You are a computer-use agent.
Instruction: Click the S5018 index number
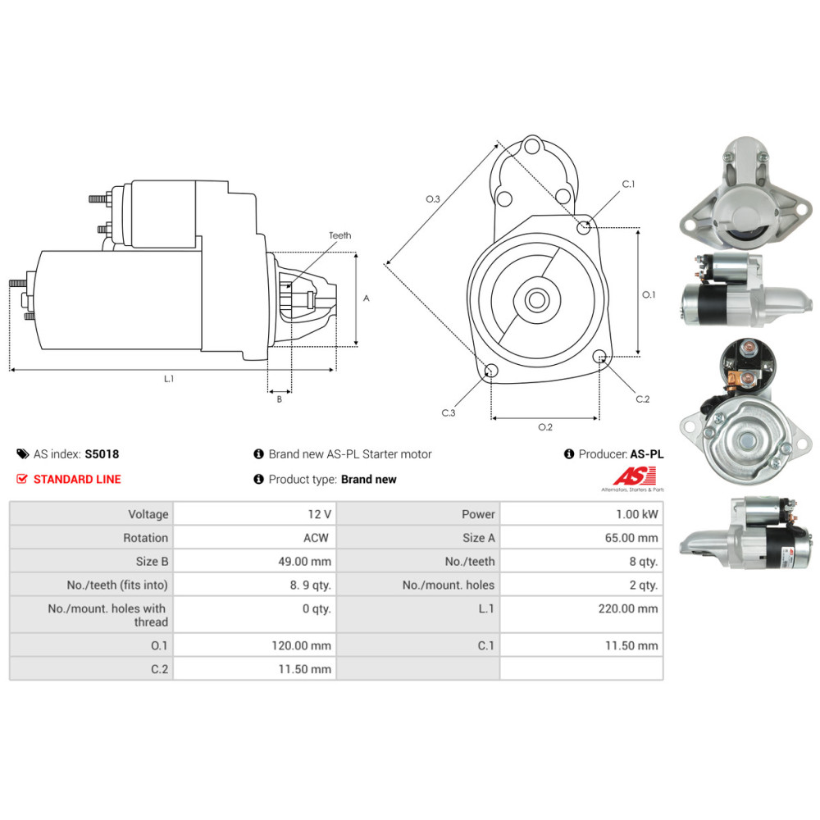(x=102, y=454)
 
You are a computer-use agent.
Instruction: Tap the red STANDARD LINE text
(x=77, y=479)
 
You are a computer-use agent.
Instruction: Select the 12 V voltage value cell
(x=320, y=514)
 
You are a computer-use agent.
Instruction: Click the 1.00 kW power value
(x=637, y=514)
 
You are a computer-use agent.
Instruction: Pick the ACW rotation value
(x=317, y=538)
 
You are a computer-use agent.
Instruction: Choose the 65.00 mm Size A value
(x=631, y=538)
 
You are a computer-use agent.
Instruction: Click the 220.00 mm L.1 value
(x=628, y=608)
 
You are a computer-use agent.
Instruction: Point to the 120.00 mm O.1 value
(x=301, y=645)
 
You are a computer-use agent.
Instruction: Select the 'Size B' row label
(x=153, y=561)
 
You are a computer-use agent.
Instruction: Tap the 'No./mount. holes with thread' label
(x=107, y=615)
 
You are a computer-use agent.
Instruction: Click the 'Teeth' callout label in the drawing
(x=340, y=235)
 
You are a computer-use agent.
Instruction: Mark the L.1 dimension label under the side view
(x=168, y=379)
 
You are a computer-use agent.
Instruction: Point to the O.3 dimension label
(x=433, y=198)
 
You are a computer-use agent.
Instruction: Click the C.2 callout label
(x=643, y=399)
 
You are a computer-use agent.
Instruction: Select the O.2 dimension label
(x=545, y=426)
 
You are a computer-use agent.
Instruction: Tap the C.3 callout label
(x=449, y=412)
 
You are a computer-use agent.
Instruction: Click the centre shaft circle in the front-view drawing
(x=536, y=300)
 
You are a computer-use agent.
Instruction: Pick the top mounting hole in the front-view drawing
(x=532, y=145)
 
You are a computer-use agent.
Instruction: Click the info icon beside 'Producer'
(x=569, y=454)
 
